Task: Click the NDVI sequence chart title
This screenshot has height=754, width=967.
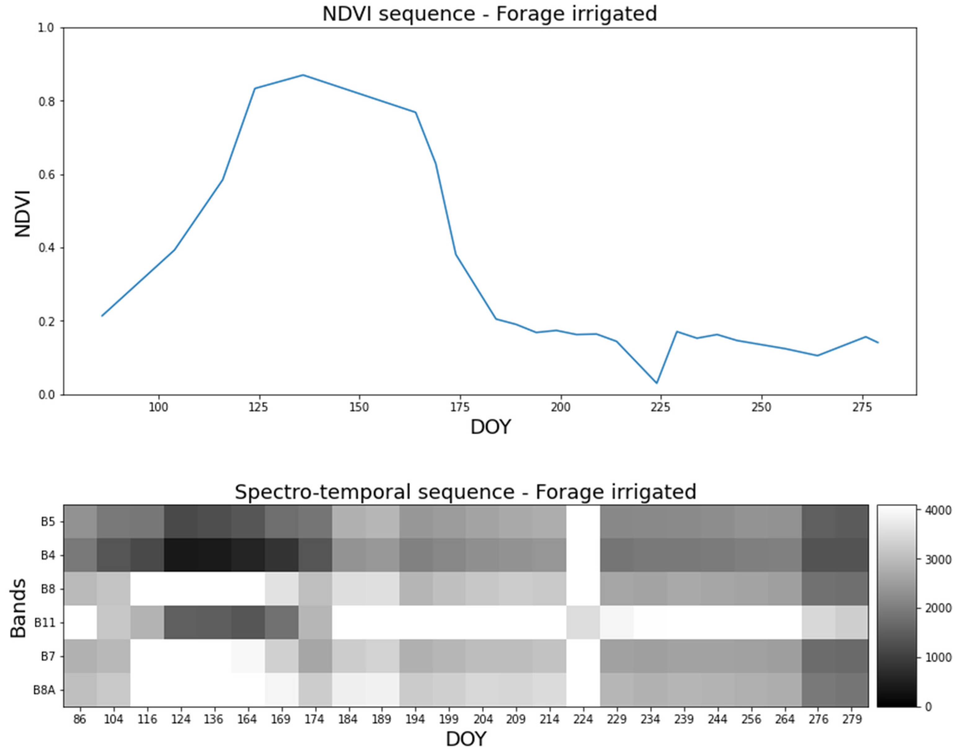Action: click(x=489, y=13)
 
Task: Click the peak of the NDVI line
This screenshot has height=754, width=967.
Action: click(x=303, y=75)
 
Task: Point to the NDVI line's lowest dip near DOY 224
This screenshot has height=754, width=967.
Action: click(x=657, y=383)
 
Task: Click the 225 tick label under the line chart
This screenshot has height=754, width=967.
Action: click(x=661, y=407)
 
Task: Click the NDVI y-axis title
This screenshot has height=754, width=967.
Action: click(x=22, y=213)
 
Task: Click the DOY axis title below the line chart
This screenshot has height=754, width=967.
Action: click(x=490, y=427)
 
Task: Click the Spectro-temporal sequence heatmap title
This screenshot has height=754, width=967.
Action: click(x=465, y=492)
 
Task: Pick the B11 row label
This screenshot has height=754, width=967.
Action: click(x=44, y=623)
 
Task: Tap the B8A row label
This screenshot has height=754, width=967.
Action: click(x=44, y=690)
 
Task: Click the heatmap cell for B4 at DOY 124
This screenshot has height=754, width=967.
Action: click(x=181, y=555)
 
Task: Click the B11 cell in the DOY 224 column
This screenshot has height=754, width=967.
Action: click(x=583, y=622)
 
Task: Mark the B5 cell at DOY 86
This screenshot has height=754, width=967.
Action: click(x=80, y=521)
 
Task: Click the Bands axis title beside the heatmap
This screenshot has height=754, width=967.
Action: click(x=19, y=608)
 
